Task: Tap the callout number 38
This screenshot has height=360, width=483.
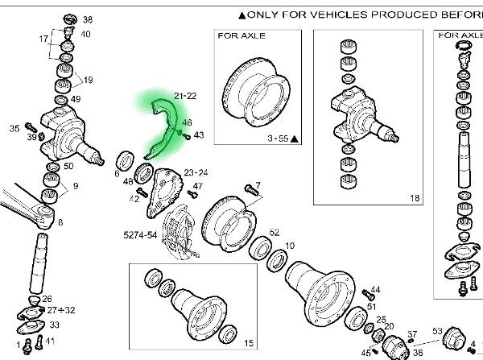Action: pyautogui.click(x=88, y=19)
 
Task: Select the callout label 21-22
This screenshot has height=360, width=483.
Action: pyautogui.click(x=185, y=96)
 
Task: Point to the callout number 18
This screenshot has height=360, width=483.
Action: pyautogui.click(x=415, y=197)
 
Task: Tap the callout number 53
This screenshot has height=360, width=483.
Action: pyautogui.click(x=438, y=330)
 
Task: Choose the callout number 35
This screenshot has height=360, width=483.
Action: pyautogui.click(x=14, y=128)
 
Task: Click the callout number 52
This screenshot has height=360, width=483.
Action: pyautogui.click(x=275, y=232)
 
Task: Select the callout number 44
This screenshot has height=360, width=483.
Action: pyautogui.click(x=375, y=289)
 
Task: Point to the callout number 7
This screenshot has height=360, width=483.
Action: pyautogui.click(x=258, y=184)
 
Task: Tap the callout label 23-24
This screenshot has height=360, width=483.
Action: pyautogui.click(x=196, y=172)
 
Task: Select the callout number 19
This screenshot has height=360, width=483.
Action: pyautogui.click(x=88, y=80)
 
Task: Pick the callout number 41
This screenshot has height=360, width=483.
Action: pyautogui.click(x=50, y=341)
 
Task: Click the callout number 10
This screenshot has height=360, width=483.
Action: pyautogui.click(x=290, y=245)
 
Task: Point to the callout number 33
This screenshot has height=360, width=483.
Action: pyautogui.click(x=54, y=325)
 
